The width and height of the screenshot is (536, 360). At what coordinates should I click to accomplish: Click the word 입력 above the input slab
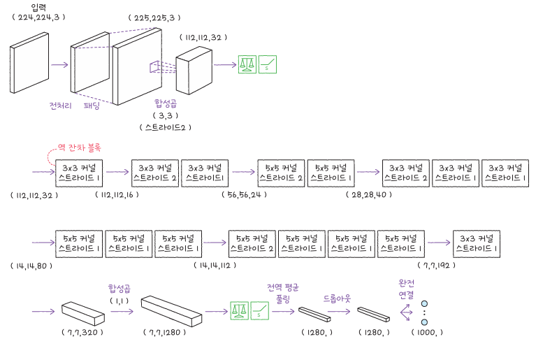(x=38, y=7)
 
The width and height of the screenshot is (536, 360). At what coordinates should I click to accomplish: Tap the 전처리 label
(x=60, y=106)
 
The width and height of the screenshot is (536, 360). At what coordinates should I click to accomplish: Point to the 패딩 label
(x=92, y=106)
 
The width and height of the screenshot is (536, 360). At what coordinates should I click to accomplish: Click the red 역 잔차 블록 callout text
(x=79, y=148)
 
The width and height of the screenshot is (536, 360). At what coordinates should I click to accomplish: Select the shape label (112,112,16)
(x=117, y=194)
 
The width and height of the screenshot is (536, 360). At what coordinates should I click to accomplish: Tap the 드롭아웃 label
(x=338, y=298)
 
